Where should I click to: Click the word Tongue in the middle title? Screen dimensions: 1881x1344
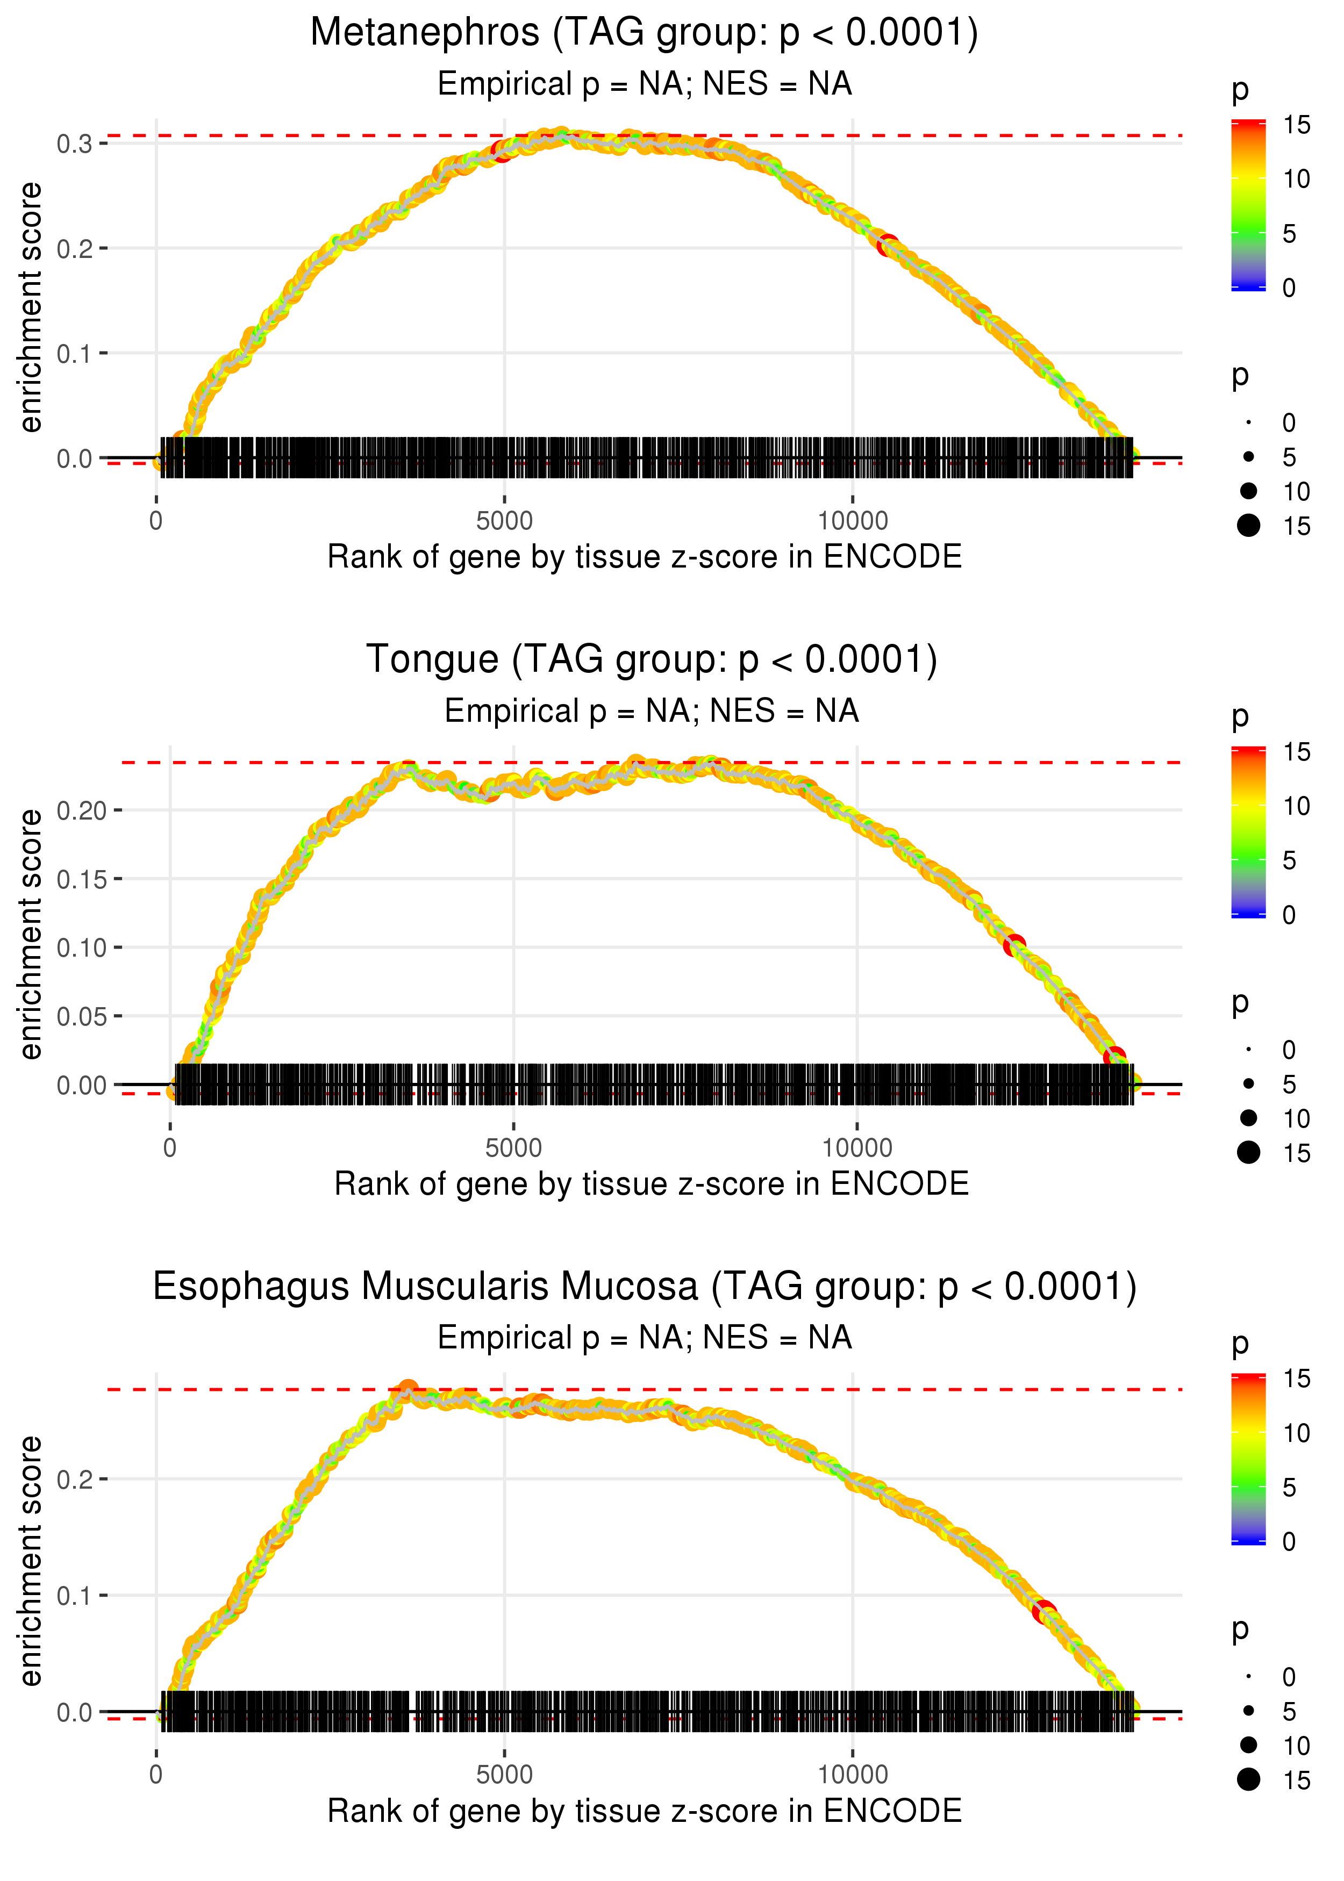[x=432, y=660]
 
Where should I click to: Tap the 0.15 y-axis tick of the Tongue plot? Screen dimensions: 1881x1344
[x=81, y=879]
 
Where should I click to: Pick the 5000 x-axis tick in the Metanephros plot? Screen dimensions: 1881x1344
[x=504, y=521]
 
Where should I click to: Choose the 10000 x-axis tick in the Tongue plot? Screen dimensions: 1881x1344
[x=856, y=1148]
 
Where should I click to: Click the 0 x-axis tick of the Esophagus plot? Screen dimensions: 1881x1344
[x=156, y=1775]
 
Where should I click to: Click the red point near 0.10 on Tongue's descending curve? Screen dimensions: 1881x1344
[x=1014, y=945]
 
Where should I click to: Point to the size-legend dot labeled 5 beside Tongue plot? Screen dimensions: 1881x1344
[x=1249, y=1083]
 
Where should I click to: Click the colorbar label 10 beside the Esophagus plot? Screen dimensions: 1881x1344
[x=1296, y=1433]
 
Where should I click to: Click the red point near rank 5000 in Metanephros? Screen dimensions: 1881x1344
[x=502, y=150]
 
